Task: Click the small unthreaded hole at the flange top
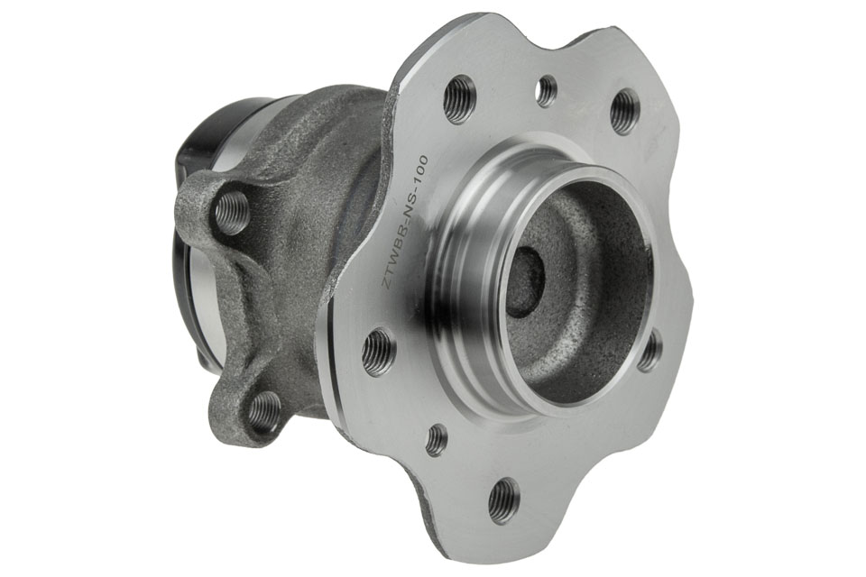click(548, 90)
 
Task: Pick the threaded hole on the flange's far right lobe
click(650, 350)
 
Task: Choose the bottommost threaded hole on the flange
click(505, 502)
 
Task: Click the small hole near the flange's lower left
click(438, 438)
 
